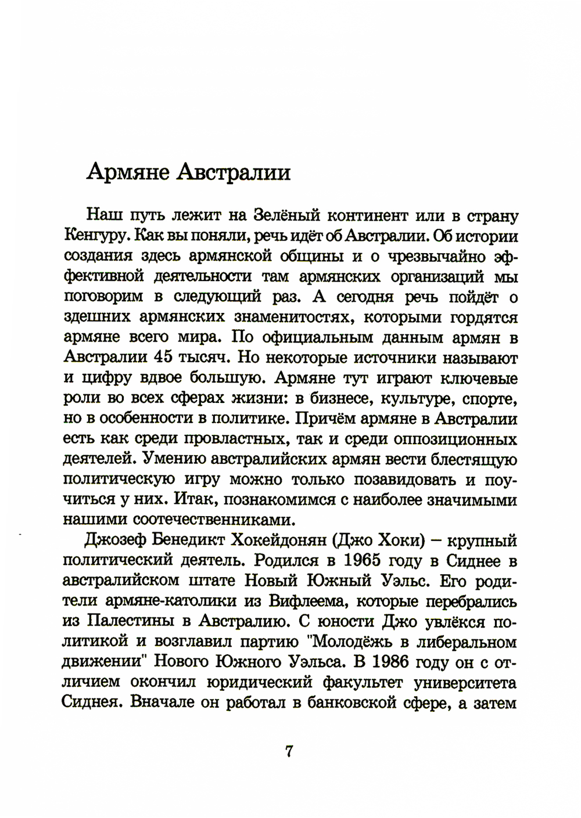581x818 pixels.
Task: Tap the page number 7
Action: point(289,751)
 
